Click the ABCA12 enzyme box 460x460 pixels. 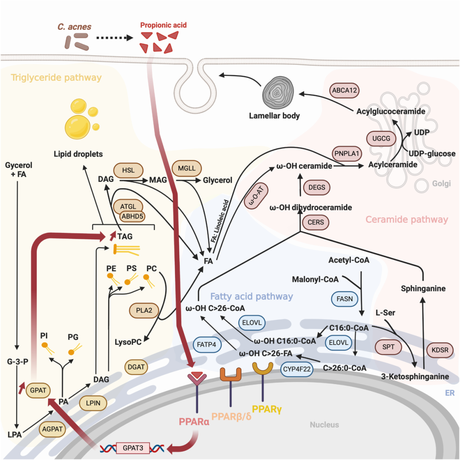pyautogui.click(x=345, y=90)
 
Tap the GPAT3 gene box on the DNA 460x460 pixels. pyautogui.click(x=133, y=448)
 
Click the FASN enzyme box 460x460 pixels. pyautogui.click(x=345, y=299)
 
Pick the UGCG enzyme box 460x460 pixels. pyautogui.click(x=381, y=138)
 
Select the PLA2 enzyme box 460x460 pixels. pyautogui.click(x=144, y=310)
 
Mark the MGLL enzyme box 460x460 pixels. pyautogui.click(x=187, y=169)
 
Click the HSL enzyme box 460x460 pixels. pyautogui.click(x=128, y=170)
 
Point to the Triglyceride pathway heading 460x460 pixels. pyautogui.click(x=56, y=78)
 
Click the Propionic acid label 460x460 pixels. pyautogui.click(x=164, y=25)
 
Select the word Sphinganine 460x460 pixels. pyautogui.click(x=423, y=289)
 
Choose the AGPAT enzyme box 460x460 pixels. pyautogui.click(x=53, y=430)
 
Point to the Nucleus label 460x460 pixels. pyautogui.click(x=324, y=424)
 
